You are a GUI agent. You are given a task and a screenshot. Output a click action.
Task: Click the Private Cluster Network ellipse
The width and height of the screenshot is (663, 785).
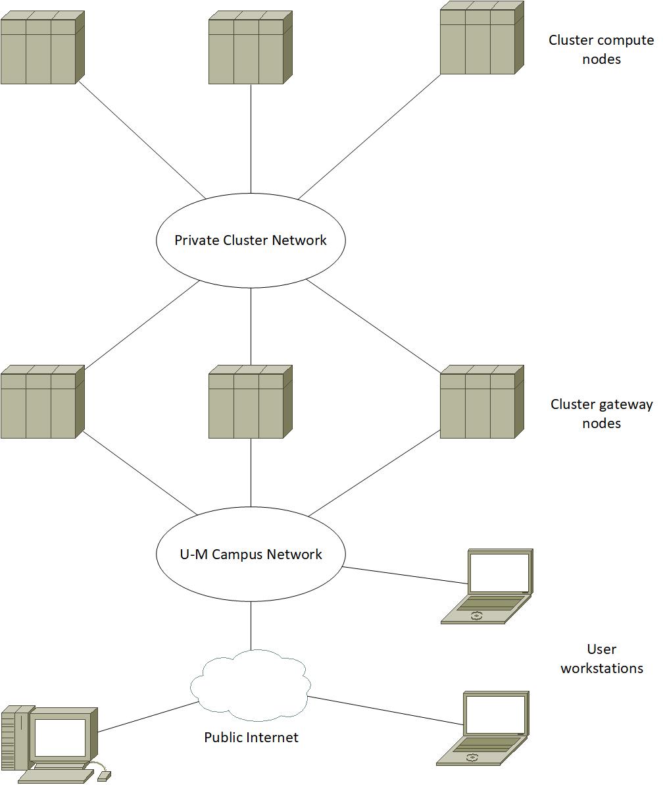251,240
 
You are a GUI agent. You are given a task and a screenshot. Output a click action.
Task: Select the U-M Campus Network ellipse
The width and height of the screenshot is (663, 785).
251,554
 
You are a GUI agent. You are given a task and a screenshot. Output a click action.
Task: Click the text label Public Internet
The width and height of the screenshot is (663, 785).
251,737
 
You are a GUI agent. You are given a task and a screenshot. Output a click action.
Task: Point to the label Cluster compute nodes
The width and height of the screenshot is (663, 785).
601,49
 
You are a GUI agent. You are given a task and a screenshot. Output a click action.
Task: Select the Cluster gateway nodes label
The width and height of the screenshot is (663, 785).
601,414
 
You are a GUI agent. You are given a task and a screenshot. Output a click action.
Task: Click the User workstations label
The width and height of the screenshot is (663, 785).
601,659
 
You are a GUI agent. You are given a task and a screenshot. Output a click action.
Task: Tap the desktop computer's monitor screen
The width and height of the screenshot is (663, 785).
60,738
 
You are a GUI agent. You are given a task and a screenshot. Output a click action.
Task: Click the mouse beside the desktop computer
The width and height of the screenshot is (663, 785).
104,776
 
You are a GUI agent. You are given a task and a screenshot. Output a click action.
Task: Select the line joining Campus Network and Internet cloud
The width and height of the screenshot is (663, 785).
251,626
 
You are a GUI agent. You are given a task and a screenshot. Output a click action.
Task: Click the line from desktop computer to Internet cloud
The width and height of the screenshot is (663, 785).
148,717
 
